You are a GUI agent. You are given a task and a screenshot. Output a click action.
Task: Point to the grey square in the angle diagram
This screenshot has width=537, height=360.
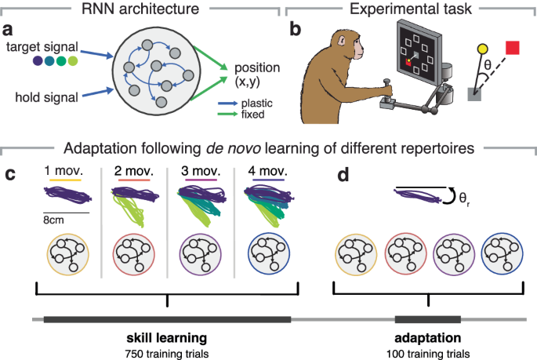(474, 93)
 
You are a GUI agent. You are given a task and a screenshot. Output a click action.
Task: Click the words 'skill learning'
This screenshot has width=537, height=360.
(166, 338)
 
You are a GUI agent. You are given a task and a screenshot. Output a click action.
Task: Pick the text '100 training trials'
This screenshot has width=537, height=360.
(427, 353)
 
